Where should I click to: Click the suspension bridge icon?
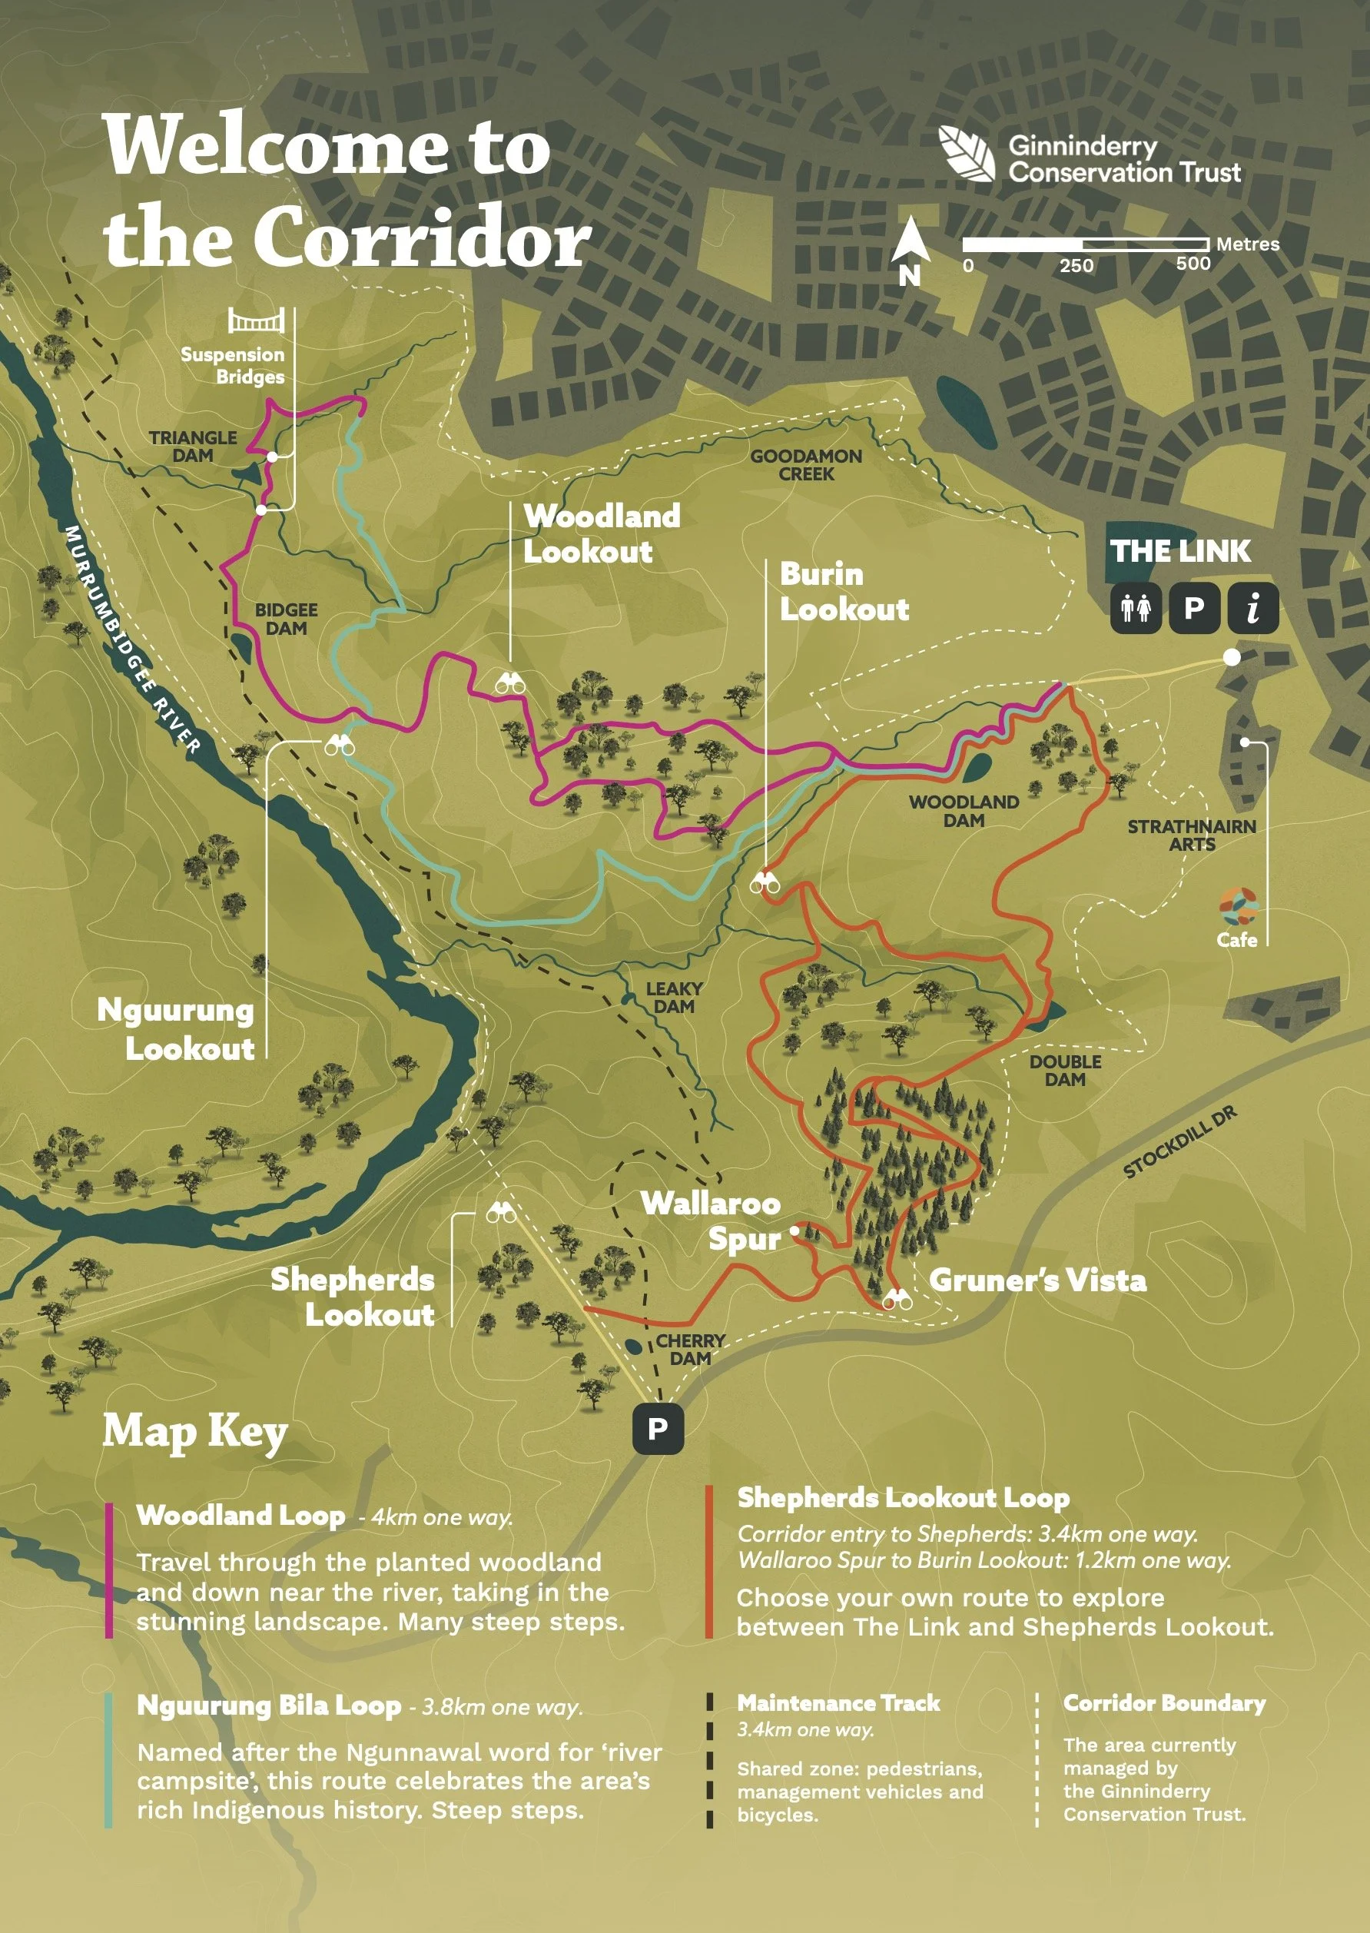click(x=256, y=321)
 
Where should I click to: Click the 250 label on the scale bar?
click(x=1076, y=266)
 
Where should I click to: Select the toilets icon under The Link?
click(x=1136, y=607)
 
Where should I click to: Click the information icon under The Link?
click(x=1253, y=607)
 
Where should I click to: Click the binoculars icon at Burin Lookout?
click(x=765, y=883)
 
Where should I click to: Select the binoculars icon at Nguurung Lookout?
click(x=340, y=745)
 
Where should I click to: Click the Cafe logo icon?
click(x=1238, y=907)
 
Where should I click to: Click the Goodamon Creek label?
click(x=806, y=465)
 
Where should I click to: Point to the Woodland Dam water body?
click(x=977, y=766)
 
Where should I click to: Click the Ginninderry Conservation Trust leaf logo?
click(x=967, y=154)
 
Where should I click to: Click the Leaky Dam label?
click(x=673, y=998)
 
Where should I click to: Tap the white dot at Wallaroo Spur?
click(x=794, y=1231)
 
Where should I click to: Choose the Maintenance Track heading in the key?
click(x=838, y=1703)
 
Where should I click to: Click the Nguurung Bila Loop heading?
click(x=268, y=1705)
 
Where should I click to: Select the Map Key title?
click(x=195, y=1432)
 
